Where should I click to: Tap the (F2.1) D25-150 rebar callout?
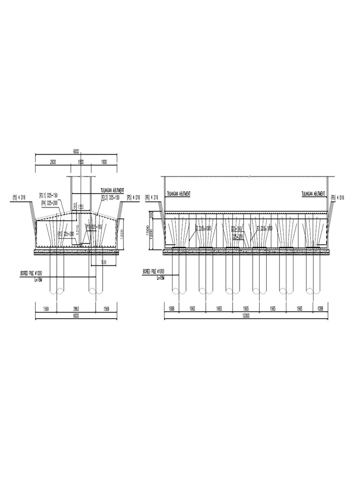click(x=48, y=195)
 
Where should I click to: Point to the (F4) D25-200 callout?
click(x=49, y=202)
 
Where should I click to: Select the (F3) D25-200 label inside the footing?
click(x=66, y=233)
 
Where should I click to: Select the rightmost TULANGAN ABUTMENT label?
click(x=315, y=193)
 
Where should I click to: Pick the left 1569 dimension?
click(x=45, y=309)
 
